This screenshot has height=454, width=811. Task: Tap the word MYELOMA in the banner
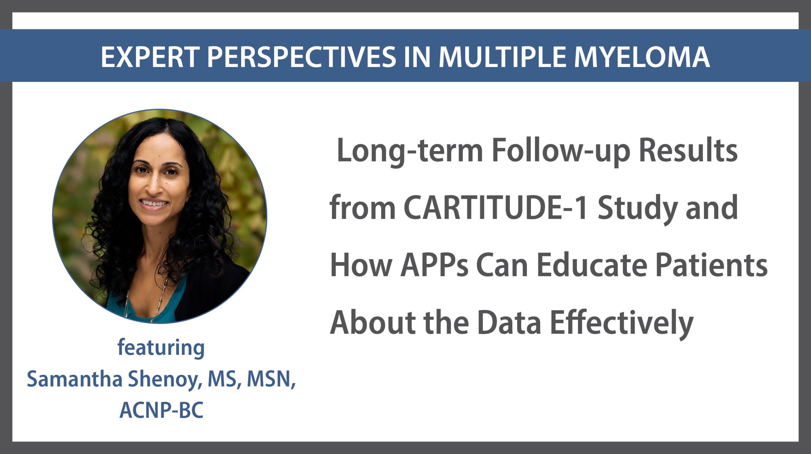(x=642, y=57)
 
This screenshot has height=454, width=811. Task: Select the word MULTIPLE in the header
(x=502, y=57)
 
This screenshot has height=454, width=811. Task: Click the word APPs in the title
(x=434, y=265)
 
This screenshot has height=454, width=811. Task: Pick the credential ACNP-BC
(x=162, y=410)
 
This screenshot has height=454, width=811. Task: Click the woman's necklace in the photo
(x=160, y=298)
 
